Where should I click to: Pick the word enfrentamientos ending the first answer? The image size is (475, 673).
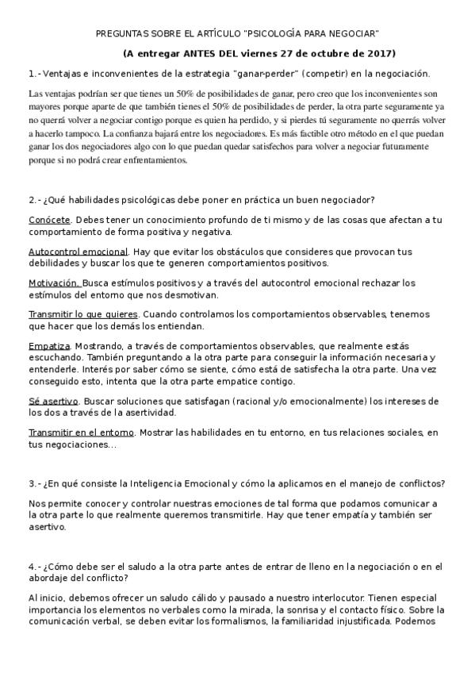pyautogui.click(x=149, y=160)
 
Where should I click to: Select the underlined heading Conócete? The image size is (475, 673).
pyautogui.click(x=49, y=220)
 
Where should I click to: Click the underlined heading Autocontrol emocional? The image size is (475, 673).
pyautogui.click(x=78, y=252)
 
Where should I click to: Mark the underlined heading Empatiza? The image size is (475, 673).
pyautogui.click(x=49, y=345)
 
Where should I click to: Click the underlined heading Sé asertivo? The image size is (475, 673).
pyautogui.click(x=52, y=401)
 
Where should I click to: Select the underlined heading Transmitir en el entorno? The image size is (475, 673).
pyautogui.click(x=81, y=433)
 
